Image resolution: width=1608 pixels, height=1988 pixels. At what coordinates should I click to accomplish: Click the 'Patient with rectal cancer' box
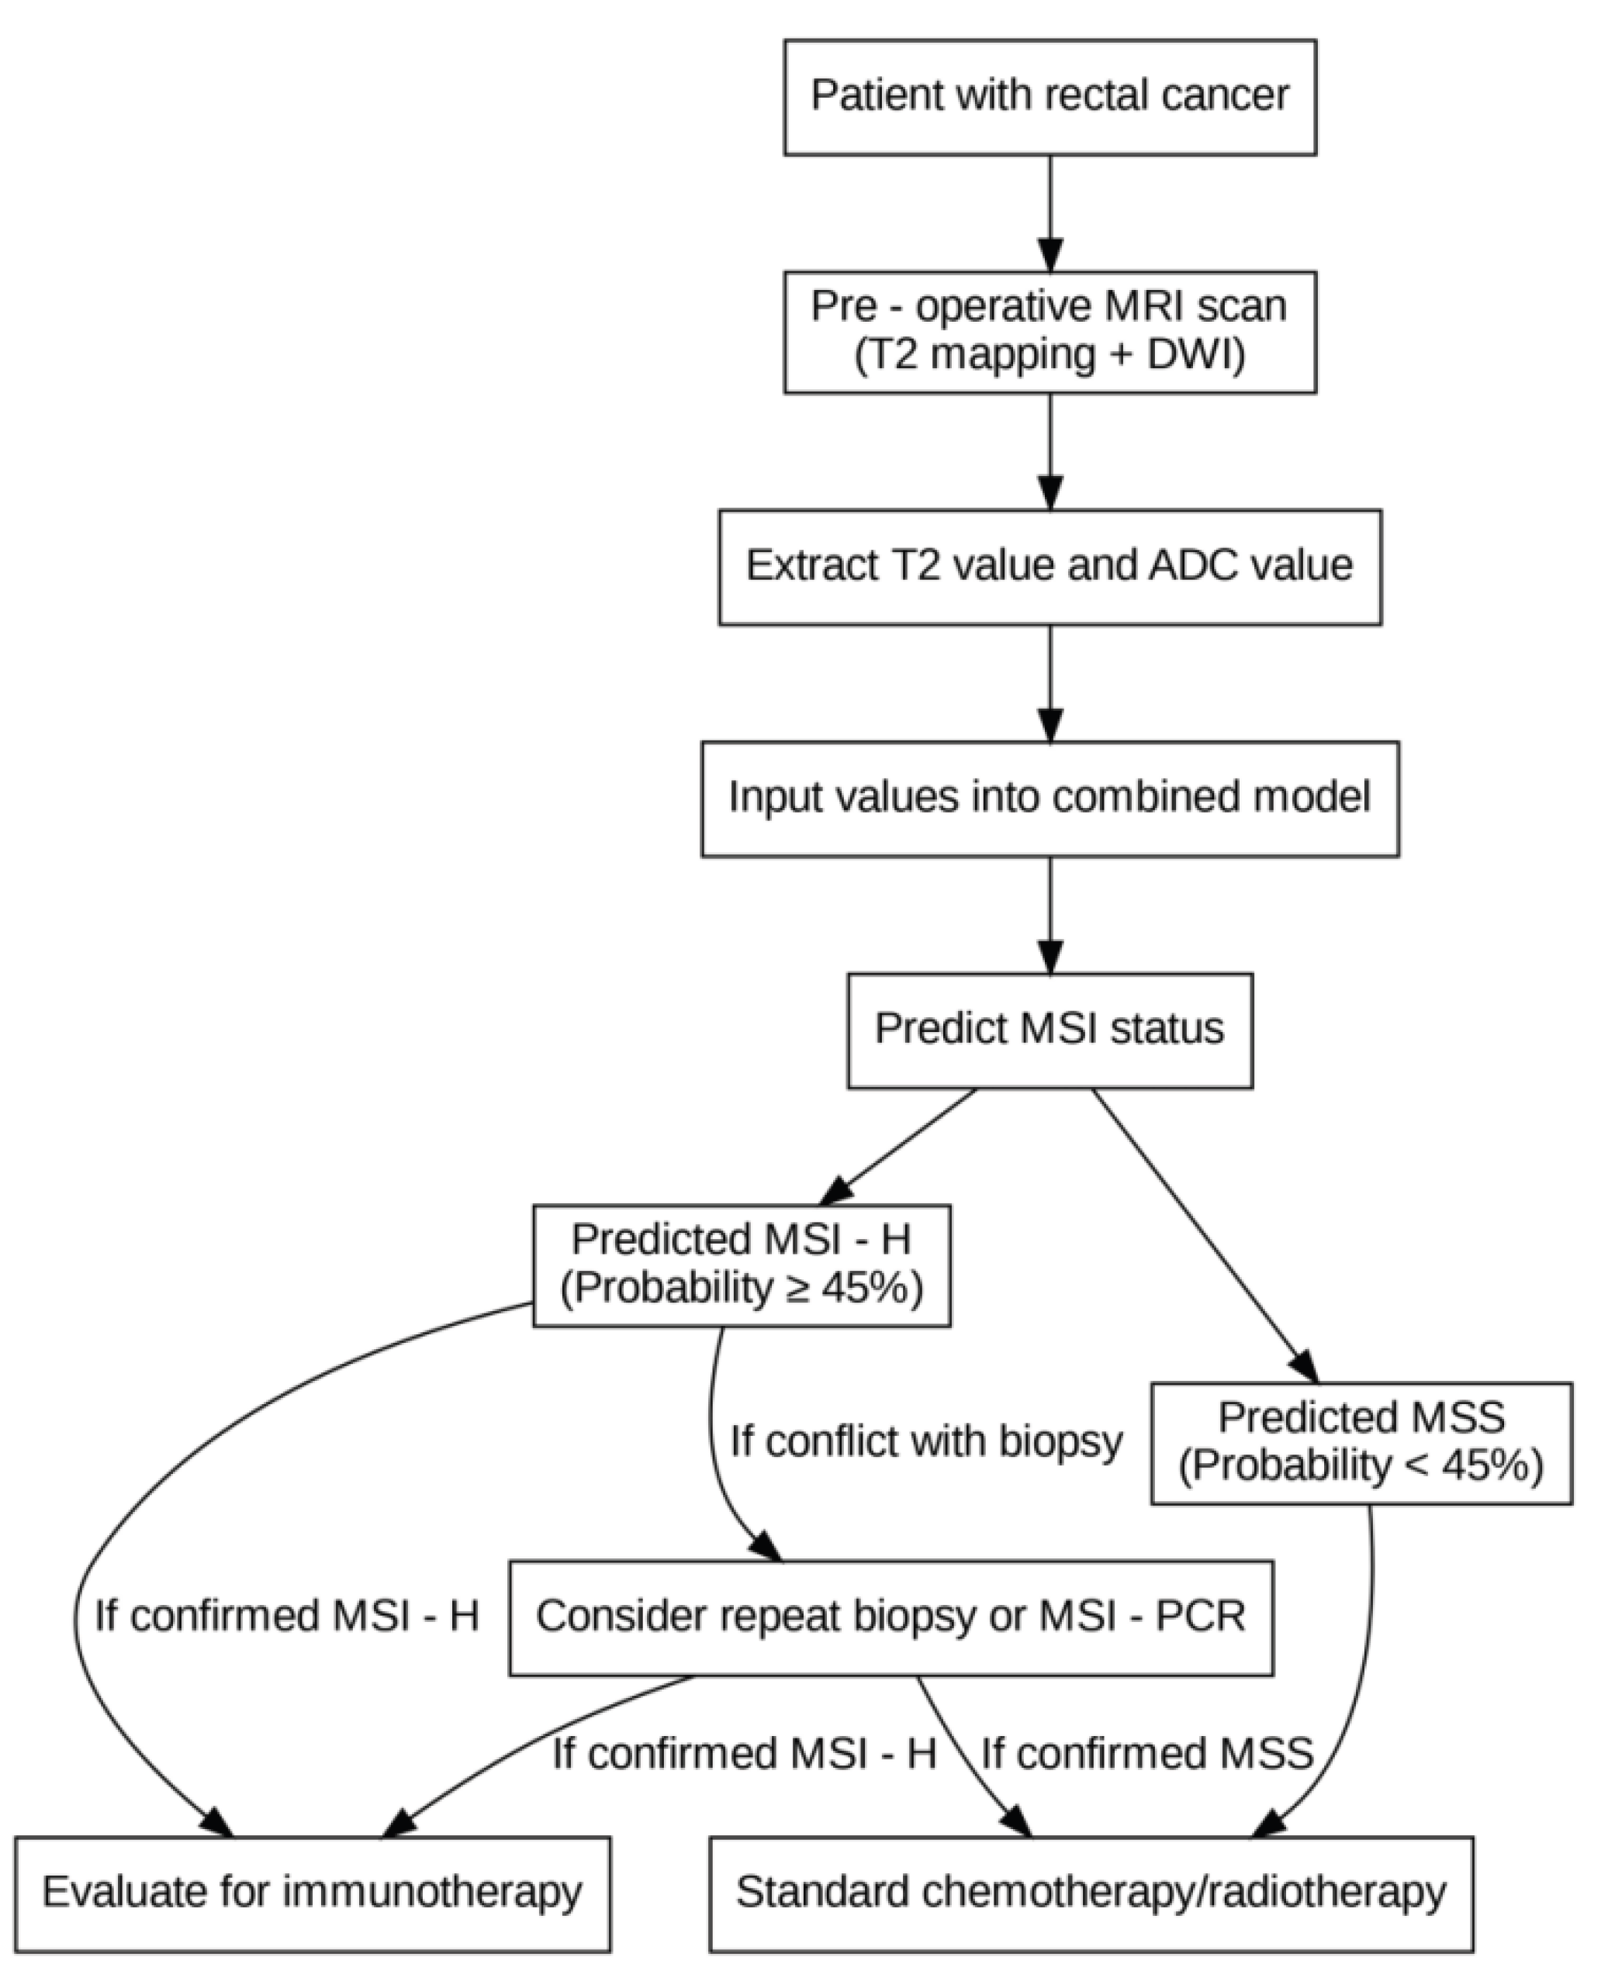[x=1050, y=96]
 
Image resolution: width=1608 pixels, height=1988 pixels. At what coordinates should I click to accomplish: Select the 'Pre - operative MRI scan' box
[x=1050, y=332]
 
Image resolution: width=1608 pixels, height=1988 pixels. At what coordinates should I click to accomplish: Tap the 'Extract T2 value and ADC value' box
[x=1050, y=566]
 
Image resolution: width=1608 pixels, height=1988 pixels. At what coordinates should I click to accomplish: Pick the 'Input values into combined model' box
[x=1050, y=798]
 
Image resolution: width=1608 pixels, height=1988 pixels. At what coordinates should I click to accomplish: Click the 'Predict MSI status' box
[x=1050, y=1030]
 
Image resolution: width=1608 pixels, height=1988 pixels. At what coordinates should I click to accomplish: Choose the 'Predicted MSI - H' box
[x=741, y=1265]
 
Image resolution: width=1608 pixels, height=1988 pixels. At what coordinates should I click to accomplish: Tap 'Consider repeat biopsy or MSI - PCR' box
[x=890, y=1617]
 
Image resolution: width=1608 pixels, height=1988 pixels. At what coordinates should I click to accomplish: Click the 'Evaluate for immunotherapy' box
[x=312, y=1893]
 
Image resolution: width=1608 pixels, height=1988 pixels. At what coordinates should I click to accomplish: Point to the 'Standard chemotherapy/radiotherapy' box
[x=1090, y=1893]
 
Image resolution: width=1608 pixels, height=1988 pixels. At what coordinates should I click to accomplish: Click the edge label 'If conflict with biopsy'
[x=925, y=1441]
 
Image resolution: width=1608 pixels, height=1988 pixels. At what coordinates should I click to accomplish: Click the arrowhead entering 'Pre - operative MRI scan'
[x=1050, y=254]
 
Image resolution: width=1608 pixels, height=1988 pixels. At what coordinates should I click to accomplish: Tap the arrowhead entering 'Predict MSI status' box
[x=1050, y=957]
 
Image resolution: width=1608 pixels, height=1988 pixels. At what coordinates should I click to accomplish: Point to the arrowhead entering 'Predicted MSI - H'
[x=836, y=1191]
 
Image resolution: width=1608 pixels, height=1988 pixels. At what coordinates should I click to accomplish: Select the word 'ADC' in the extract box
[x=1192, y=566]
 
